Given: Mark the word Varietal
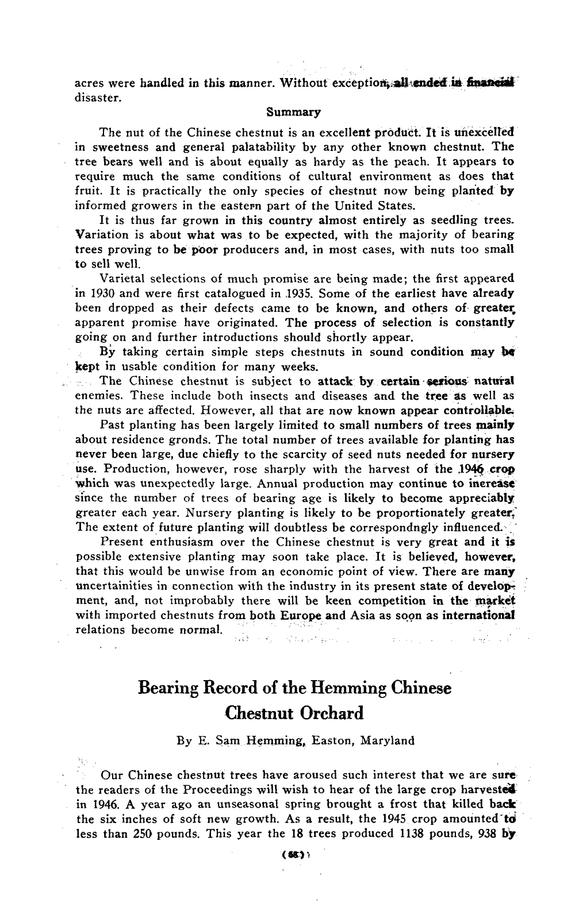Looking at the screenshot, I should (x=122, y=279).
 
